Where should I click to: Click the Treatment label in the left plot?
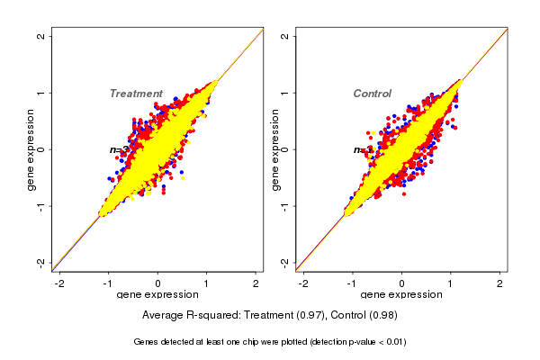(136, 94)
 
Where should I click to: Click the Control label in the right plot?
(372, 94)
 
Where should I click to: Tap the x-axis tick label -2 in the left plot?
(59, 283)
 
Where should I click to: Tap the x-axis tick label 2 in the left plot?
(256, 283)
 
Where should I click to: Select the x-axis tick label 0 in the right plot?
(402, 283)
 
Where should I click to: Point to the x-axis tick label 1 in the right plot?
(452, 283)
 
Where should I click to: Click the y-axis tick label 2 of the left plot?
(41, 36)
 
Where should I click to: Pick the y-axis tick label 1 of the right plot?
(285, 93)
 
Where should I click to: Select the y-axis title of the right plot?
(274, 149)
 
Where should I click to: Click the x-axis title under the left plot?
(157, 295)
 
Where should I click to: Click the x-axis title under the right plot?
(401, 295)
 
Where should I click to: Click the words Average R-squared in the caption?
(186, 315)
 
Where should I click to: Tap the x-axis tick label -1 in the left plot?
(109, 283)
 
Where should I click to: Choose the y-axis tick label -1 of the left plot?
(41, 205)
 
